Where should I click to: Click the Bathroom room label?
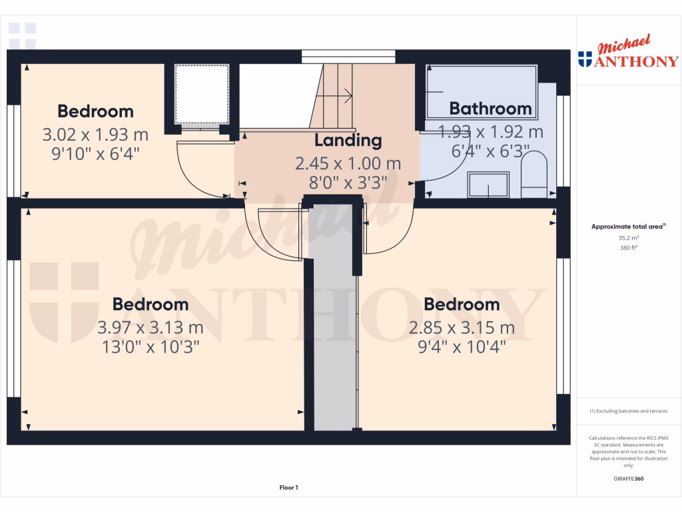tap(490, 108)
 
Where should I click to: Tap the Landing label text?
tap(348, 141)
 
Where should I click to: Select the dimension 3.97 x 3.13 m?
tap(150, 327)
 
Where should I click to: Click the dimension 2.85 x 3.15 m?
tap(462, 327)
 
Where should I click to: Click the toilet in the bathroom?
tap(533, 175)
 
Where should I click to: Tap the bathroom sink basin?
tap(488, 184)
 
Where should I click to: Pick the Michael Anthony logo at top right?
tap(629, 53)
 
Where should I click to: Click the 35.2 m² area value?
tap(629, 237)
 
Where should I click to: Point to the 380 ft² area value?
tap(629, 247)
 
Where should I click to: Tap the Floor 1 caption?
tap(288, 488)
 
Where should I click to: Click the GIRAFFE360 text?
tap(629, 479)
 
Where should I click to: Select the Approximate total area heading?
tap(627, 227)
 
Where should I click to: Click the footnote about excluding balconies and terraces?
tap(629, 411)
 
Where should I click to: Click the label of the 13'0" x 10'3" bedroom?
tap(150, 304)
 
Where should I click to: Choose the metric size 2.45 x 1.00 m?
tap(348, 163)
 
